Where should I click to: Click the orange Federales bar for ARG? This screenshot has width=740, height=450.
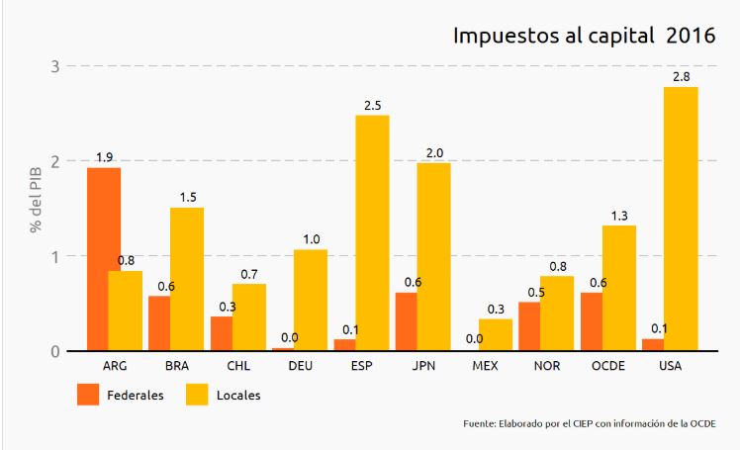104,259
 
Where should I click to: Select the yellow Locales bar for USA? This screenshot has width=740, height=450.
681,219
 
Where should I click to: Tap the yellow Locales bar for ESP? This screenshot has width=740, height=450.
372,232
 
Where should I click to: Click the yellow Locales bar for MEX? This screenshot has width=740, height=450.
496,334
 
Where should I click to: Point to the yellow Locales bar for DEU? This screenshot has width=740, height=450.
311,300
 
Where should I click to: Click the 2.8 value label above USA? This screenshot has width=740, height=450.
682,76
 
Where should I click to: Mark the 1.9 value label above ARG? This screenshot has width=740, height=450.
104,157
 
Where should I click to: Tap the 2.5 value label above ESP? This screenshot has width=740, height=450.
372,104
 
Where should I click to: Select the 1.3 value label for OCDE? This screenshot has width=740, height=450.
619,215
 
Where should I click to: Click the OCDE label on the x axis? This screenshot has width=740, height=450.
607,366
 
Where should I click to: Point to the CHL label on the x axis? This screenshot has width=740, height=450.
237,366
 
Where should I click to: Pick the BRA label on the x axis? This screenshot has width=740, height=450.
176,366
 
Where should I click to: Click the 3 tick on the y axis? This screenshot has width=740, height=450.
55,66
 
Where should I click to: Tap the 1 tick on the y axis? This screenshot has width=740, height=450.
55,256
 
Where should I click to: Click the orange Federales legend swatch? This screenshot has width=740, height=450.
88,394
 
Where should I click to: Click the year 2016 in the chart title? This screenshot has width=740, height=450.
691,36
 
